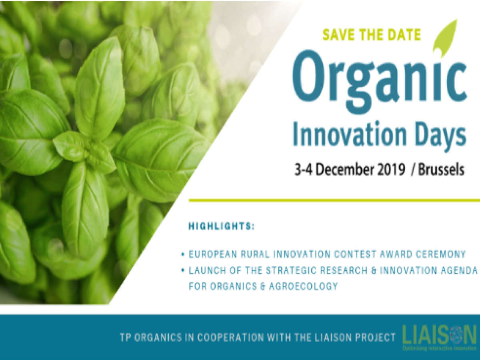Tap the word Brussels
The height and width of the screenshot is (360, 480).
(x=441, y=170)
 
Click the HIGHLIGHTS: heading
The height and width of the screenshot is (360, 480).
(x=221, y=226)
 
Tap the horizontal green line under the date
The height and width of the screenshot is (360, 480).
(x=334, y=200)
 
